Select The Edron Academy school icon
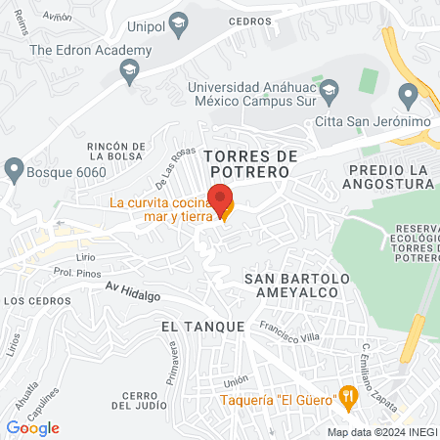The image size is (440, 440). (128, 68)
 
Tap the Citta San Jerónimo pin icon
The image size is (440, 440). (409, 96)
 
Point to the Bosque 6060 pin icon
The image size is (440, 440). (14, 169)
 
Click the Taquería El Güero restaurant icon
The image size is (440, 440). (347, 396)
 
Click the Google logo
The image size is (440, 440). (33, 427)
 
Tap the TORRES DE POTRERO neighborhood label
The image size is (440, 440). (249, 163)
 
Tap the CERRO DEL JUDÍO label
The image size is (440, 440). (135, 400)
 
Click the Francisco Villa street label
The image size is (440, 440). (289, 335)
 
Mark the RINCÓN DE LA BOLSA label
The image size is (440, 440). (116, 154)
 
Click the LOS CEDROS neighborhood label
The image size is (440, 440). (31, 301)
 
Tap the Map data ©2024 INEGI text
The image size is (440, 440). (381, 432)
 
